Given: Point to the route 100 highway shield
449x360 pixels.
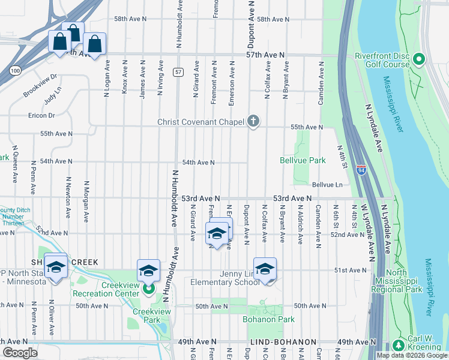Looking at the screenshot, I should [15, 71].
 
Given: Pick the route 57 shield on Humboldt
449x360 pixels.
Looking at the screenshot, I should [179, 73].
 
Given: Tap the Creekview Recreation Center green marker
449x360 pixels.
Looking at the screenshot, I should [148, 290].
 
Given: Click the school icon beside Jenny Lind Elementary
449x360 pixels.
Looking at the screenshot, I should [265, 269].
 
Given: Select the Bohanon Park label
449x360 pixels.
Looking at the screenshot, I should [268, 319].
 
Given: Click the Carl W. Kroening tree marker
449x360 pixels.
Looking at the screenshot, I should [399, 346].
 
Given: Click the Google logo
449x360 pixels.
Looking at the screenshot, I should [20, 353].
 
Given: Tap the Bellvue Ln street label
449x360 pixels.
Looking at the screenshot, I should [326, 185].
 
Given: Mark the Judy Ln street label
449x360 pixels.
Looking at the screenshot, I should [53, 95].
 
